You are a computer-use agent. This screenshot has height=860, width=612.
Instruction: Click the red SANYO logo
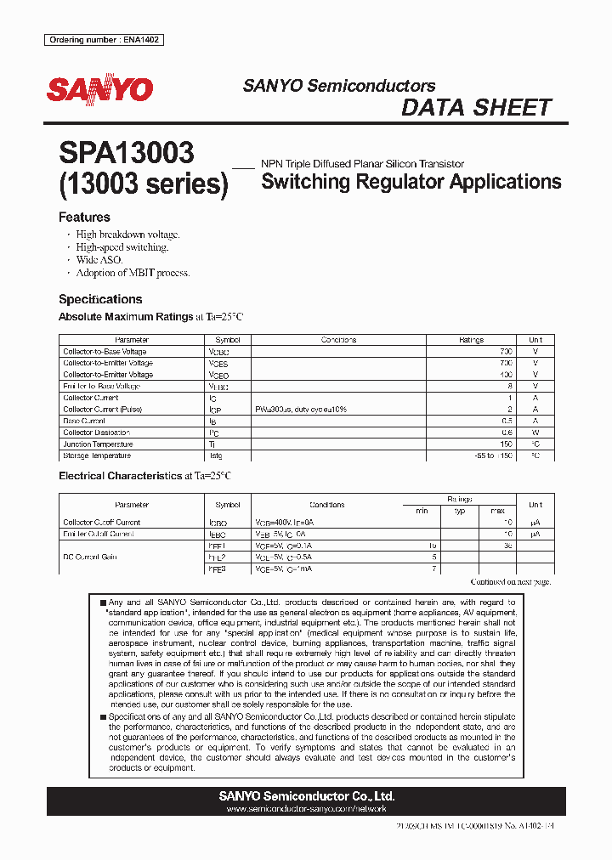coord(99,90)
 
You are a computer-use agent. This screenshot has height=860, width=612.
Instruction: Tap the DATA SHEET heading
coord(476,108)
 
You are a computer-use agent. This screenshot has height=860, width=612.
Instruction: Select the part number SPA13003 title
coord(127,153)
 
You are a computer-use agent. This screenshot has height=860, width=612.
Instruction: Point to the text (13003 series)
coord(144,184)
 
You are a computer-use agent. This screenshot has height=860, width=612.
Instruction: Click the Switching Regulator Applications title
coord(411,181)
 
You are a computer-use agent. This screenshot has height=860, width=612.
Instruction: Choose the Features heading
coord(84,218)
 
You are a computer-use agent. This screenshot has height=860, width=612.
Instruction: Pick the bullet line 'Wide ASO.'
coord(99,260)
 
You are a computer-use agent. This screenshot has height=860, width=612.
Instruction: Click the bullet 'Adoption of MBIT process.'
coord(133,273)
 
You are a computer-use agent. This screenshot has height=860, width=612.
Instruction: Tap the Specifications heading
coord(100,299)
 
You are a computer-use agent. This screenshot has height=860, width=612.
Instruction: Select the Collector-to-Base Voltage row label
coord(105,351)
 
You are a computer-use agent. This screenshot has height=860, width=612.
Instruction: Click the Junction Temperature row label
coord(98,444)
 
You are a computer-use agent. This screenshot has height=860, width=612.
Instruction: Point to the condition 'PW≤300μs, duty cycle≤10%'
coord(301,409)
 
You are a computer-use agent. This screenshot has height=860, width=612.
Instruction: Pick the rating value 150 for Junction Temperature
coord(506,444)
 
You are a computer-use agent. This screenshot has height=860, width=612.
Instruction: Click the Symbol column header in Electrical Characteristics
coord(228,505)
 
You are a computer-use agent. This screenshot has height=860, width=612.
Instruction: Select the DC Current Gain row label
coord(89,557)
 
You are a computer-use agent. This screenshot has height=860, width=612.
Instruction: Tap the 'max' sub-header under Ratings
coord(498,511)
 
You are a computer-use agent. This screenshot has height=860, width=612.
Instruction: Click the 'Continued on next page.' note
coord(511,581)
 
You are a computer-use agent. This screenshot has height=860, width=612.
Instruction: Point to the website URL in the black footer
coord(306,809)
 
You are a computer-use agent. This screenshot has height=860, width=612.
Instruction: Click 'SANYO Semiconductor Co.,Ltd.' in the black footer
coord(306,796)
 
